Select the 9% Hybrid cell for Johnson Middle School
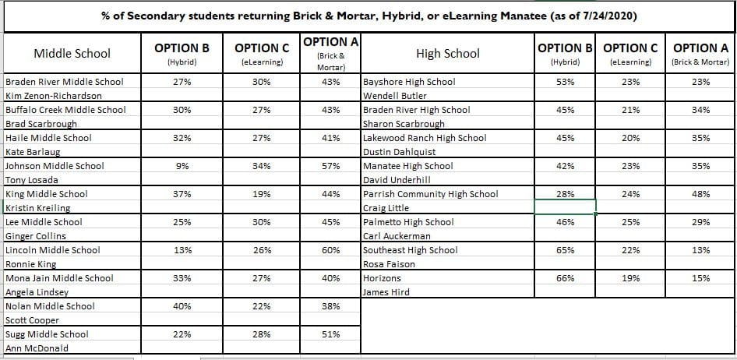tap(182, 166)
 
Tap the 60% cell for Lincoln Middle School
tap(330, 250)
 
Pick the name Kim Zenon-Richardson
tap(54, 96)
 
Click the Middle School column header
tap(72, 54)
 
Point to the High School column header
tap(448, 54)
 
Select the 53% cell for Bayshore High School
tap(565, 82)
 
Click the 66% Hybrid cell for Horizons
tap(565, 278)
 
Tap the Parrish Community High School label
tap(431, 194)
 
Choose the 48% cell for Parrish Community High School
tap(700, 194)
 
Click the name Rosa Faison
tap(390, 264)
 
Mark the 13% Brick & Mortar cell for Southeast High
tap(700, 250)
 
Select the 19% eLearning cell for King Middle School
tap(262, 194)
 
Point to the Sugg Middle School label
tap(47, 334)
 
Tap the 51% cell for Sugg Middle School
tap(330, 334)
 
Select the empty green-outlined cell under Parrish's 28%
tap(565, 207)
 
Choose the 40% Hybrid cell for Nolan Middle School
tap(182, 306)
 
